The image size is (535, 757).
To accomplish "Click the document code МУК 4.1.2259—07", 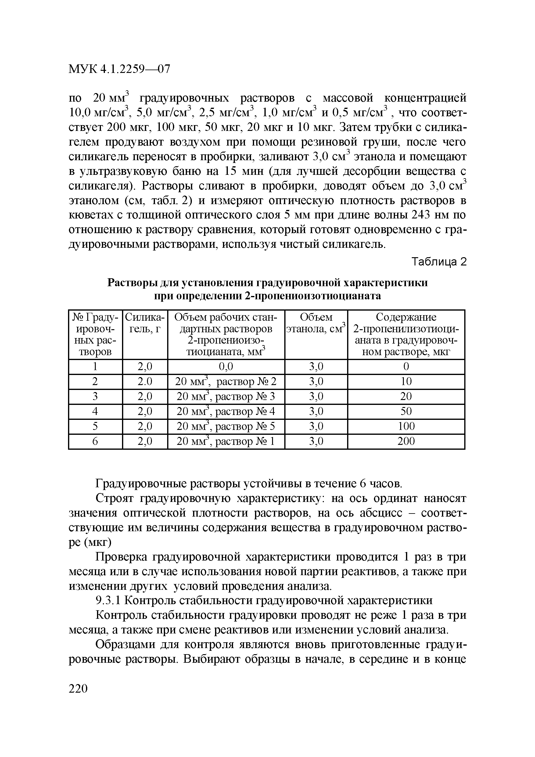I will pos(119,69).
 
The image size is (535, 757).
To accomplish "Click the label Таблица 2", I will pos(440,262).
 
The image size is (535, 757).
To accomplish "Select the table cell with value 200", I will pos(406,441).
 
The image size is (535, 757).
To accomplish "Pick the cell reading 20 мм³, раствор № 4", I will pos(226,412).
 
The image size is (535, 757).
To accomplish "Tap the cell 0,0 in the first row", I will pos(226,366).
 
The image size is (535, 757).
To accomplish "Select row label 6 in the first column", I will pos(95,441).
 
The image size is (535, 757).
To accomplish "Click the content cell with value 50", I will pos(406,412).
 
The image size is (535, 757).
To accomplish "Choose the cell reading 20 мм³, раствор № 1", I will pos(226,441).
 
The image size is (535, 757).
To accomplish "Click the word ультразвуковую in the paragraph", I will pos(123,172).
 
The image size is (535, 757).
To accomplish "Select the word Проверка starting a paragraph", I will pos(121,557).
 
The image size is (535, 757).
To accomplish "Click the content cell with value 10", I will pos(406,381).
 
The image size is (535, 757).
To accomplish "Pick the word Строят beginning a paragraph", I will pos(114,499).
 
